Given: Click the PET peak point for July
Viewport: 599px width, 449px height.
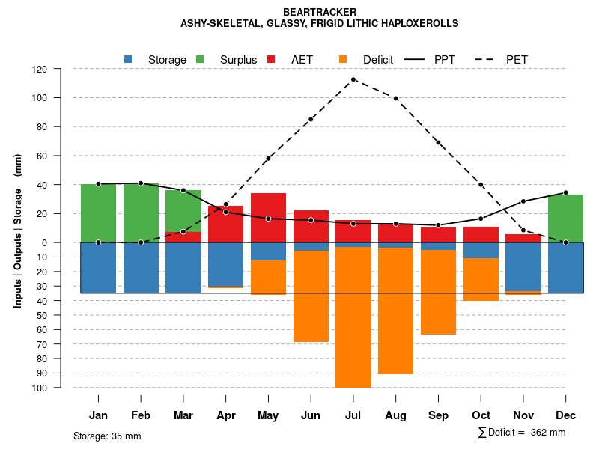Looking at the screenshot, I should tap(353, 79).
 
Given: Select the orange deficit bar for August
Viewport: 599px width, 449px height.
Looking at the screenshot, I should tap(396, 311).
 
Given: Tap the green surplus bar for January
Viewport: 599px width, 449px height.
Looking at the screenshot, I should tap(98, 213).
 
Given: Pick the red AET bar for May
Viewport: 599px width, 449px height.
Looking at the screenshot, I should tap(268, 218).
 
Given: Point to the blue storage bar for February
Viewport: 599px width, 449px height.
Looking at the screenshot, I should tap(141, 268).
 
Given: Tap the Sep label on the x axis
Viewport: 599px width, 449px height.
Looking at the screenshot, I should tap(438, 415).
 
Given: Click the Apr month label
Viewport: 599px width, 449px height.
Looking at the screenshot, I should tap(226, 415).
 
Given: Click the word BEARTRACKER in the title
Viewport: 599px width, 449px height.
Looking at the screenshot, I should tap(320, 12).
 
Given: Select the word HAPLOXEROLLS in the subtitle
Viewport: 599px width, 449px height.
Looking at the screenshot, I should tap(419, 23).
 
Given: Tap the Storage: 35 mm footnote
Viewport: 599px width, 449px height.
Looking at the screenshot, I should tap(107, 436).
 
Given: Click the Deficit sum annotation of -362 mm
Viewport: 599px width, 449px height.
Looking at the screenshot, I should tap(522, 432).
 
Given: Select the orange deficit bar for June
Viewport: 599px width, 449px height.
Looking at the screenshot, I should tap(311, 296).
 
